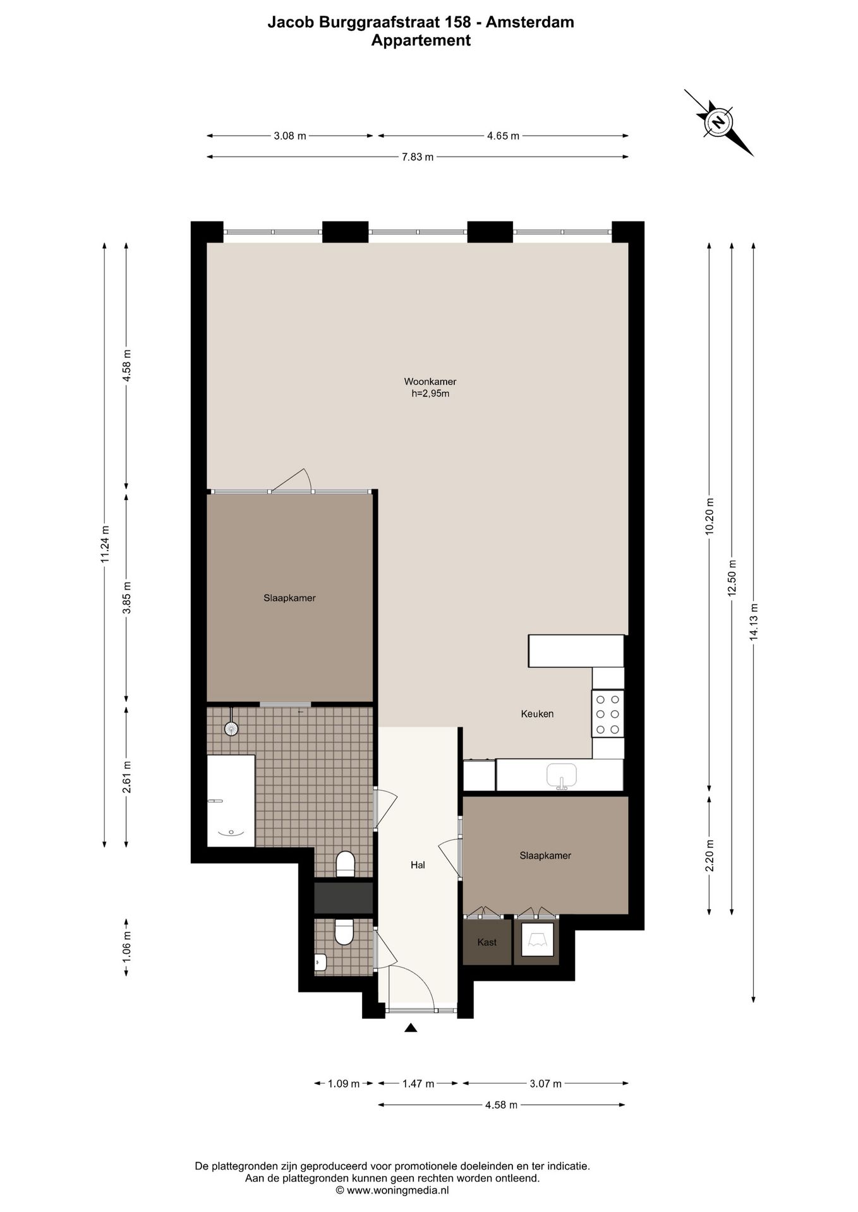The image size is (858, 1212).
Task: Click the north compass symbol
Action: pos(718,122)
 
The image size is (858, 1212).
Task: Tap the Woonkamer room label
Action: pos(430,381)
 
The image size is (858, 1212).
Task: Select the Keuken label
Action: pos(537,714)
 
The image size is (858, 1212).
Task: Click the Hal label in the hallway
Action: pos(418,865)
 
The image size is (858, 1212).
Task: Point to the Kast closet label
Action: pos(486,942)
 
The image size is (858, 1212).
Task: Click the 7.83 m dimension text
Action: pos(418,157)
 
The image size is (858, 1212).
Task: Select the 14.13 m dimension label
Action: pos(753,622)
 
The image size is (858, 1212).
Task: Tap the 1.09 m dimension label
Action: pos(343,1084)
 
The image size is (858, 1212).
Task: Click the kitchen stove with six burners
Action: pos(608,714)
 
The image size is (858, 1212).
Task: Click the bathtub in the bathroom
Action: pos(231,800)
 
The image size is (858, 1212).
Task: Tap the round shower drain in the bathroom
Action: pos(232,728)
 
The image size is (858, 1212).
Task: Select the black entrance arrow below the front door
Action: pos(411,1027)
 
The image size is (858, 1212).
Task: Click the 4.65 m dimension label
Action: pos(503,136)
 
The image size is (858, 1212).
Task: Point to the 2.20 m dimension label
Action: pos(710,855)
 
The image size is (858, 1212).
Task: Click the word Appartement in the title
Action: pos(421,40)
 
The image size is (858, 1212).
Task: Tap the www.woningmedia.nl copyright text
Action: pos(392,1190)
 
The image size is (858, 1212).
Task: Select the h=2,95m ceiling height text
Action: pos(430,394)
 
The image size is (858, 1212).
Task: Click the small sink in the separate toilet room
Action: pos(320,962)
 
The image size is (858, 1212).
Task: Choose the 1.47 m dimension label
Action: pos(418,1084)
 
